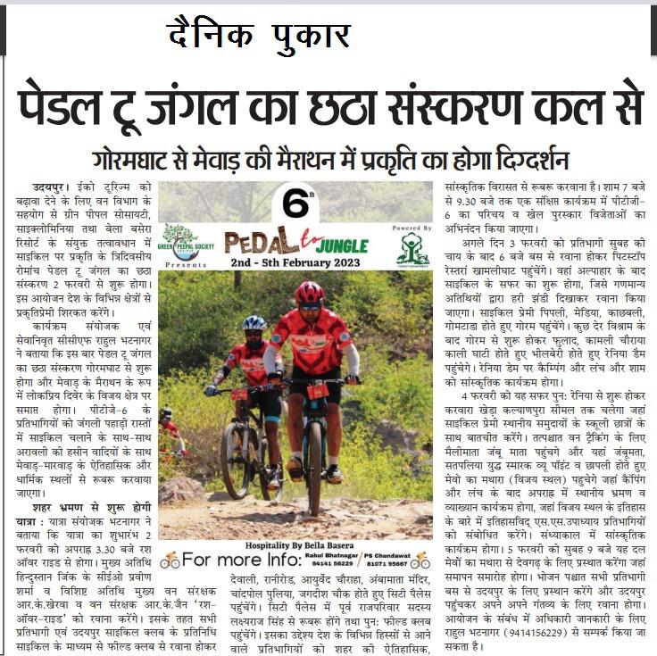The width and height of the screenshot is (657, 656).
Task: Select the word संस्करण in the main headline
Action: (501, 106)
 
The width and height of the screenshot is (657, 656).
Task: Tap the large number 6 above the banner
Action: (294, 203)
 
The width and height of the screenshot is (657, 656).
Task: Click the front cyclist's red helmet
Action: (309, 293)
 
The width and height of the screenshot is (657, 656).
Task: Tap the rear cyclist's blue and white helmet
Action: (254, 322)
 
